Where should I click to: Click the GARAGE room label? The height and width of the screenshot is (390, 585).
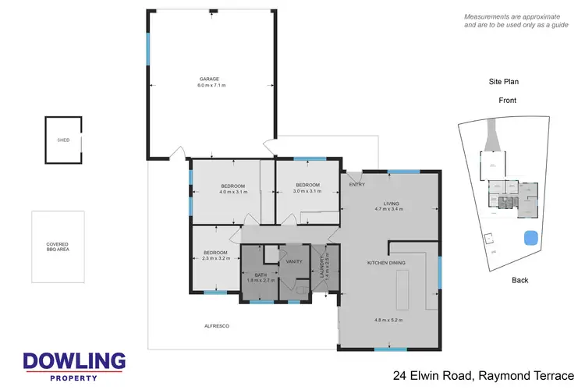(208, 78)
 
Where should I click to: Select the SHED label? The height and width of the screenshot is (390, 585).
(63, 140)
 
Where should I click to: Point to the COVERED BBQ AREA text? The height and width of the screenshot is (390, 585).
(58, 247)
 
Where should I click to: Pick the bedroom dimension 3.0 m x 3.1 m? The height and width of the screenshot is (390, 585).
(307, 191)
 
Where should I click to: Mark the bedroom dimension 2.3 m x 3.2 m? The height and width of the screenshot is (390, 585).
(215, 258)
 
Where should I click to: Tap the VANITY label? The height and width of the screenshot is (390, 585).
(294, 262)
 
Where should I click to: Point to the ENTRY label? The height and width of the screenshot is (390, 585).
(357, 185)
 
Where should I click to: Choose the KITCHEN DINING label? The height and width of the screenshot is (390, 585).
(387, 263)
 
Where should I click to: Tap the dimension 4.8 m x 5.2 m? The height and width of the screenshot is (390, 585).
(388, 320)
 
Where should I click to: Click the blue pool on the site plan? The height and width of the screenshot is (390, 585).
(533, 237)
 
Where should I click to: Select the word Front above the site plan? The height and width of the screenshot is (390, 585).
(507, 101)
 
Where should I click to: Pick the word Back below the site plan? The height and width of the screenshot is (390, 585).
(520, 279)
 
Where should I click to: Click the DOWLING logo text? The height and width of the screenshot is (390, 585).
(74, 361)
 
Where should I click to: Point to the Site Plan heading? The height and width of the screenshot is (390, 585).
(503, 81)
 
